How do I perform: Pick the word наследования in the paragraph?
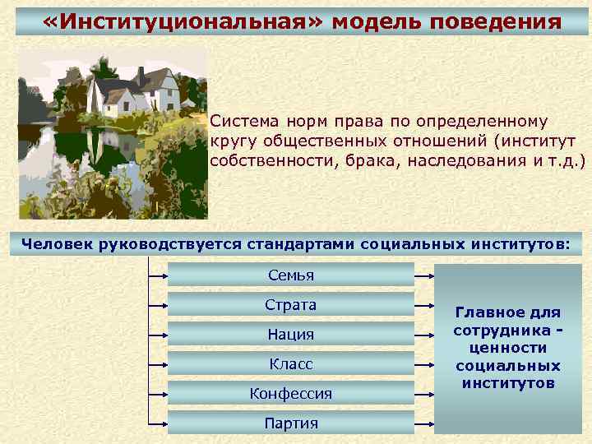(464, 160)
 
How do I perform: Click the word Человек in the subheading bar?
(57, 243)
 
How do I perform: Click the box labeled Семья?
(290, 275)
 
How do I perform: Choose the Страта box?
(290, 305)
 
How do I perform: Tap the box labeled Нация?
(290, 335)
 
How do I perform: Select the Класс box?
(290, 363)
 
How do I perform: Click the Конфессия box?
(290, 394)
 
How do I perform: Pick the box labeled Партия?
(290, 423)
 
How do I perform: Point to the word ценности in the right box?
(507, 348)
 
